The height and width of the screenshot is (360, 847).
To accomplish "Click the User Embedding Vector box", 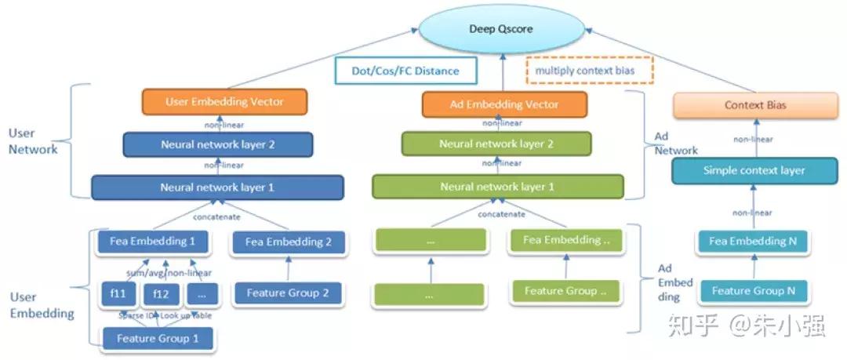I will click(224, 102).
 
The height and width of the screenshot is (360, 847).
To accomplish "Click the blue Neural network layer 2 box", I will click(218, 144).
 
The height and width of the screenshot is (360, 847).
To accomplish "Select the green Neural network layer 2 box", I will click(496, 144).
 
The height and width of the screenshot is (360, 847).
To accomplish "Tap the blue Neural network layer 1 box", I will click(218, 187).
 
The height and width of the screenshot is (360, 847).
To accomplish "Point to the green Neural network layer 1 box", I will click(497, 187).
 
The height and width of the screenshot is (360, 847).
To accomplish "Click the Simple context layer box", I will click(754, 170).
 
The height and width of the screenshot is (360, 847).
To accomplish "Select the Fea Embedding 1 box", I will click(152, 242).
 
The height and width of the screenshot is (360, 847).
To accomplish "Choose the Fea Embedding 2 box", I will click(289, 242).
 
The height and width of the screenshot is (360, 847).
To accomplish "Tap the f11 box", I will click(118, 293).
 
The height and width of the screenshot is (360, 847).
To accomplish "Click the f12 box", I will click(162, 293).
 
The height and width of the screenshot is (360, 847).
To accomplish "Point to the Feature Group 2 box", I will click(289, 293).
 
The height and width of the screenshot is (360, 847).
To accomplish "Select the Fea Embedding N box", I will click(753, 242).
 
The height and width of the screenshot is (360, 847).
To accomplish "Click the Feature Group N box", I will click(753, 291).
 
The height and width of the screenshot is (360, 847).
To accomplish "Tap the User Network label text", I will click(33, 142).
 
